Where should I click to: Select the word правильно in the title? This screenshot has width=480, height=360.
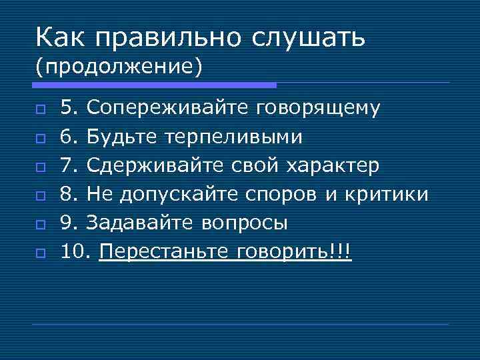tap(169, 38)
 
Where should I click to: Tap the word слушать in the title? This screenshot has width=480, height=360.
tap(308, 38)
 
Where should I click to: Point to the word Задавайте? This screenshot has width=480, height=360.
tap(141, 223)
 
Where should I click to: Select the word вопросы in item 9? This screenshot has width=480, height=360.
tap(245, 223)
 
